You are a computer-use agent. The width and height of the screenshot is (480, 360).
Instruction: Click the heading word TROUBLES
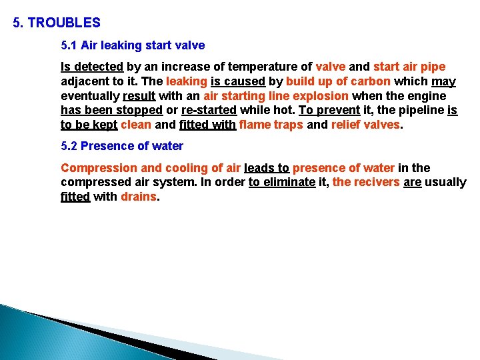[x=64, y=23]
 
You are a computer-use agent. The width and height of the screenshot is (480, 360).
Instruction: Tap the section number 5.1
[x=69, y=46]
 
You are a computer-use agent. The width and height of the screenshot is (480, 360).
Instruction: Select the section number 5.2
[x=69, y=146]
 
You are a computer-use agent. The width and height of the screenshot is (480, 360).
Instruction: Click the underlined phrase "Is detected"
[x=92, y=67]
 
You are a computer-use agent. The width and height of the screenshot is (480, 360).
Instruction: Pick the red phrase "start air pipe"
[x=409, y=67]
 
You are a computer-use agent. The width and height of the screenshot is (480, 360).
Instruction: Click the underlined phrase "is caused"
[x=239, y=81]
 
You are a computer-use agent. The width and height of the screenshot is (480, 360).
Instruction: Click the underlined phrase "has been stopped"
[x=111, y=110]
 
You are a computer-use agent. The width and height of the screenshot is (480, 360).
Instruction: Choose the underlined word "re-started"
[x=209, y=110]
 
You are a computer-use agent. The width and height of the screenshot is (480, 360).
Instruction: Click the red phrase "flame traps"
[x=271, y=124]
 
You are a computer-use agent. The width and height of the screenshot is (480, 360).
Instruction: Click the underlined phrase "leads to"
[x=267, y=167]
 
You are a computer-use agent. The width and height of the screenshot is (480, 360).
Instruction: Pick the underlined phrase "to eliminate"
[x=281, y=182]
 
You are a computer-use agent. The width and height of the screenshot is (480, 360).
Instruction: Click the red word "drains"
[x=139, y=197]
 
